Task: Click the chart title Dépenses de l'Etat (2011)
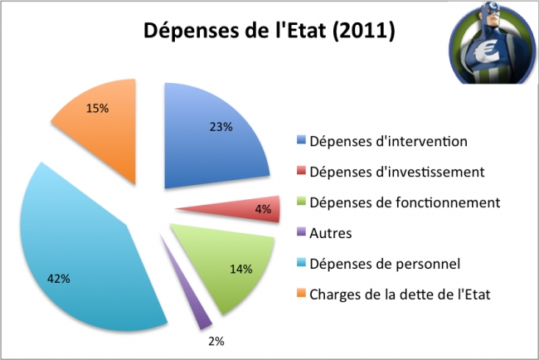pos(269,32)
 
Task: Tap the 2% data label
pos(215,340)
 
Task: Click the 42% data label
pos(59,278)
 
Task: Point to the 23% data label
pos(221,128)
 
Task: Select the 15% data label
pos(98,108)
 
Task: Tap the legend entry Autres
pos(329,233)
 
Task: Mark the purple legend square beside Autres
pos(301,234)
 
